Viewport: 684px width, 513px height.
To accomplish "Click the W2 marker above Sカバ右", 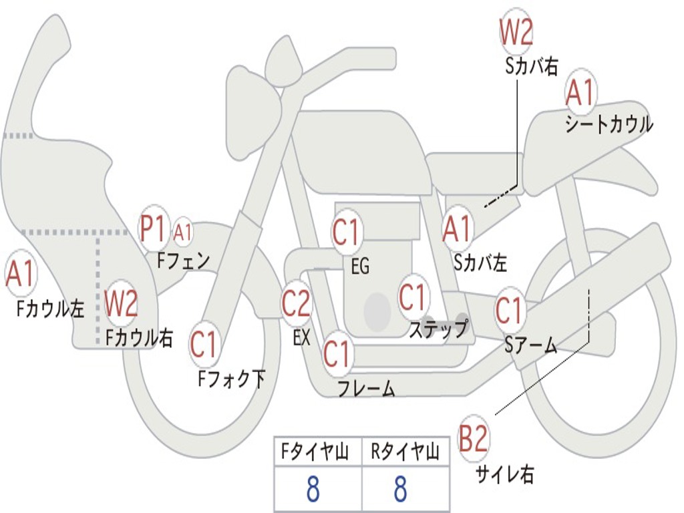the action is [516, 31].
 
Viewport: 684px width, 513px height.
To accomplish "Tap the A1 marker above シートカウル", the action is [580, 92].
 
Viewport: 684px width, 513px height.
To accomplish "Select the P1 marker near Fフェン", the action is [153, 228].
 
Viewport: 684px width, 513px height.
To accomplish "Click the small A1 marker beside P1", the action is [183, 232].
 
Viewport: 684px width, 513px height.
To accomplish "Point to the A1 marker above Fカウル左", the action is [19, 273].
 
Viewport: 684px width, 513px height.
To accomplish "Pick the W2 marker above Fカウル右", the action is [121, 303].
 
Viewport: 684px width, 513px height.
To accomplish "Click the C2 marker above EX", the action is [296, 303].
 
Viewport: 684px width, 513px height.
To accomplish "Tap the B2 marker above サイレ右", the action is [473, 438].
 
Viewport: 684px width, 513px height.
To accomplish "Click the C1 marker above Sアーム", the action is [509, 310].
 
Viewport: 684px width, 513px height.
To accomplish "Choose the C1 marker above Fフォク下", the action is [204, 345].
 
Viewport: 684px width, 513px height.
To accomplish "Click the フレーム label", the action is [367, 388].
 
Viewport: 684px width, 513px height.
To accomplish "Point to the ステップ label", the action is [438, 328].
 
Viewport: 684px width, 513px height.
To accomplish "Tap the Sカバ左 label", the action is [480, 263].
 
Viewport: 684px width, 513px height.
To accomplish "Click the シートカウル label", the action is [609, 124].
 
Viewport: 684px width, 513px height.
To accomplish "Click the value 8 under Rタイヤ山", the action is [401, 489].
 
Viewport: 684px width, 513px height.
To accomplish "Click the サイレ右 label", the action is [504, 474].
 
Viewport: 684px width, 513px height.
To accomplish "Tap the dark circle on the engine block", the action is [377, 311].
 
